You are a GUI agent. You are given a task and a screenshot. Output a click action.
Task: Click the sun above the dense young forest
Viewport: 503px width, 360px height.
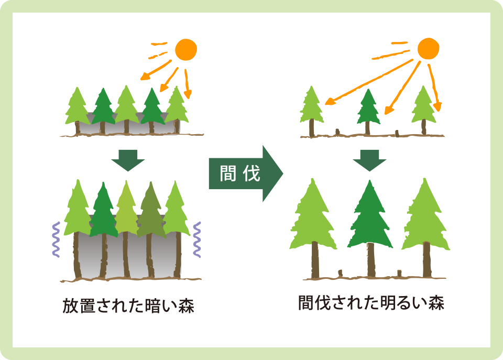[185, 50]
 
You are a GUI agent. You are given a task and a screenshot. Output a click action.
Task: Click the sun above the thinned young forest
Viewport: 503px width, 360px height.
[428, 49]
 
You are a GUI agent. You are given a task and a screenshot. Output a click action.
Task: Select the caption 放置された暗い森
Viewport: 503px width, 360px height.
[128, 306]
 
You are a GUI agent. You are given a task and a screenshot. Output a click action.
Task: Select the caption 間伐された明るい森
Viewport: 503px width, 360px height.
[371, 303]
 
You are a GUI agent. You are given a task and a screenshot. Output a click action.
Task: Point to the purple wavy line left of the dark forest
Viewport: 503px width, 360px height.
[56, 239]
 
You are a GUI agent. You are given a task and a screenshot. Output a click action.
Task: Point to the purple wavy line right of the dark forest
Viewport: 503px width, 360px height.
[196, 239]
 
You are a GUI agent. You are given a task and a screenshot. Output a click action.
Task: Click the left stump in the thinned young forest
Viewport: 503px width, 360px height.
[337, 132]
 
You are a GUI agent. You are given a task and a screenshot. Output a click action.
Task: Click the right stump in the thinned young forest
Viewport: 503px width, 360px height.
[397, 134]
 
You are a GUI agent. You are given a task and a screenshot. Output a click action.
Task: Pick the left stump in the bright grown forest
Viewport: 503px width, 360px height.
[341, 274]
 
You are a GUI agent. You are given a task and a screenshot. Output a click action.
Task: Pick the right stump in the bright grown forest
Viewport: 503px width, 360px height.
[399, 274]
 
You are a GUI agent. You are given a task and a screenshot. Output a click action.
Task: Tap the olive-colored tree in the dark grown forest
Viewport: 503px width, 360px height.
[151, 230]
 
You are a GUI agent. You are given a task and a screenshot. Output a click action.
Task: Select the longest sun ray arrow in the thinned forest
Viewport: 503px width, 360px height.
[369, 82]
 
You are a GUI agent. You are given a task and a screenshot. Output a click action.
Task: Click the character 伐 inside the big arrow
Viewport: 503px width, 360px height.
[251, 173]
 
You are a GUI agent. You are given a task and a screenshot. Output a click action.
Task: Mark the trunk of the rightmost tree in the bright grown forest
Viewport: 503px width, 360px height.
[427, 260]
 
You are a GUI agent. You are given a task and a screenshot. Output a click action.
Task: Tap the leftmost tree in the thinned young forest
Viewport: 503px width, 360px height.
[311, 111]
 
